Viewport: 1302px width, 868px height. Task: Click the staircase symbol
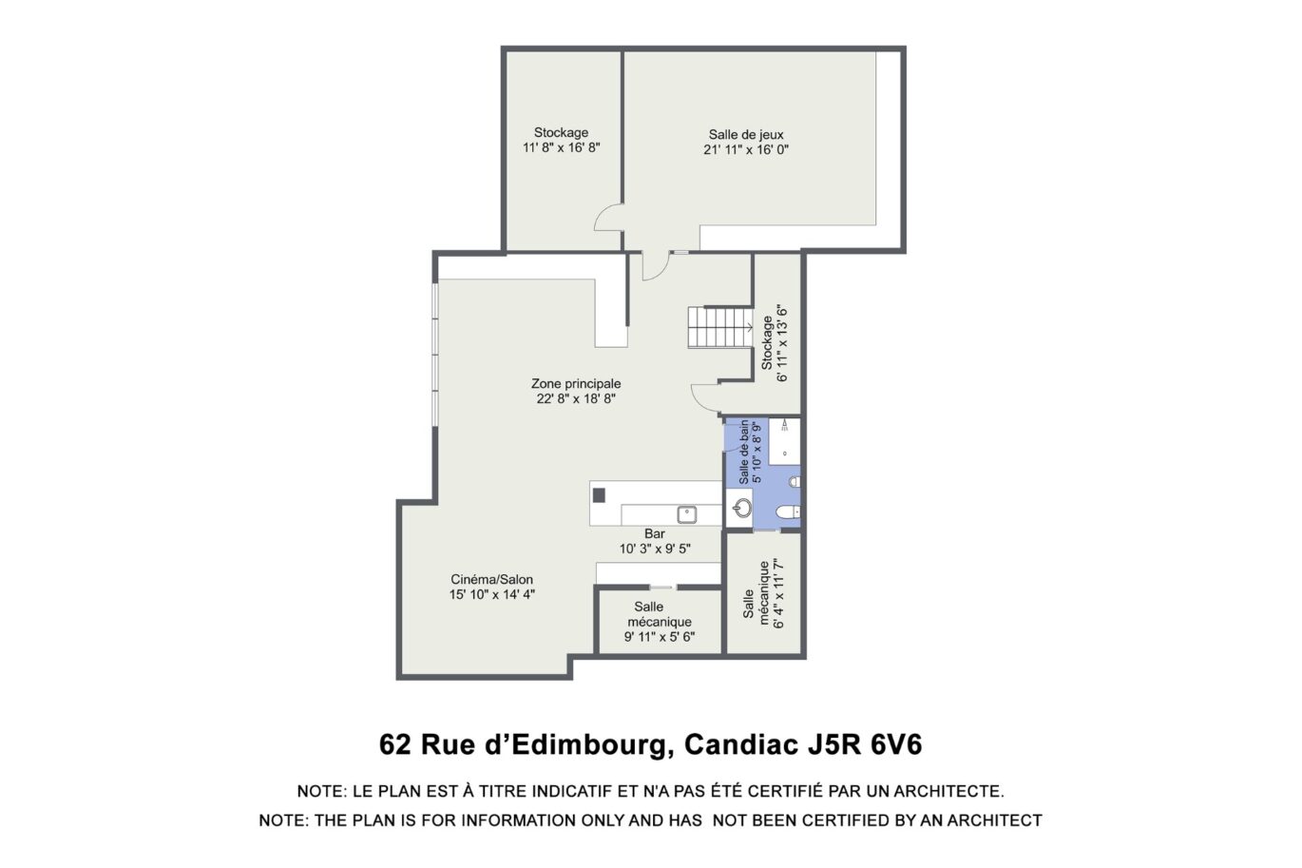[x=720, y=327]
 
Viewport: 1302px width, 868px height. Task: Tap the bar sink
[x=687, y=514]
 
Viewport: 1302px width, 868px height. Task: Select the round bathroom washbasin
[x=742, y=507]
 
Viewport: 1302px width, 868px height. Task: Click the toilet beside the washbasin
[x=785, y=514]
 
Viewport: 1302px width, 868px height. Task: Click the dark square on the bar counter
[x=599, y=494]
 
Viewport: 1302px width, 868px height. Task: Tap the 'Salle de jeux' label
[x=746, y=135]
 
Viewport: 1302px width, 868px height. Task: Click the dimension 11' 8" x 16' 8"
[x=561, y=148]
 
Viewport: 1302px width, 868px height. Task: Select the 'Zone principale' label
[x=576, y=384]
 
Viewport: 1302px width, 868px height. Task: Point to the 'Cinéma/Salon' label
[x=491, y=579]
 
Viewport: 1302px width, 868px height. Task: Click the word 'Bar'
[x=655, y=533]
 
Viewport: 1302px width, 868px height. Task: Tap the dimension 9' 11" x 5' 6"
[x=660, y=637]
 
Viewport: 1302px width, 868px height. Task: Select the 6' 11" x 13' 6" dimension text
[x=783, y=343]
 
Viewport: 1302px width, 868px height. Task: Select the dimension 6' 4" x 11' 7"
[x=779, y=594]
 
